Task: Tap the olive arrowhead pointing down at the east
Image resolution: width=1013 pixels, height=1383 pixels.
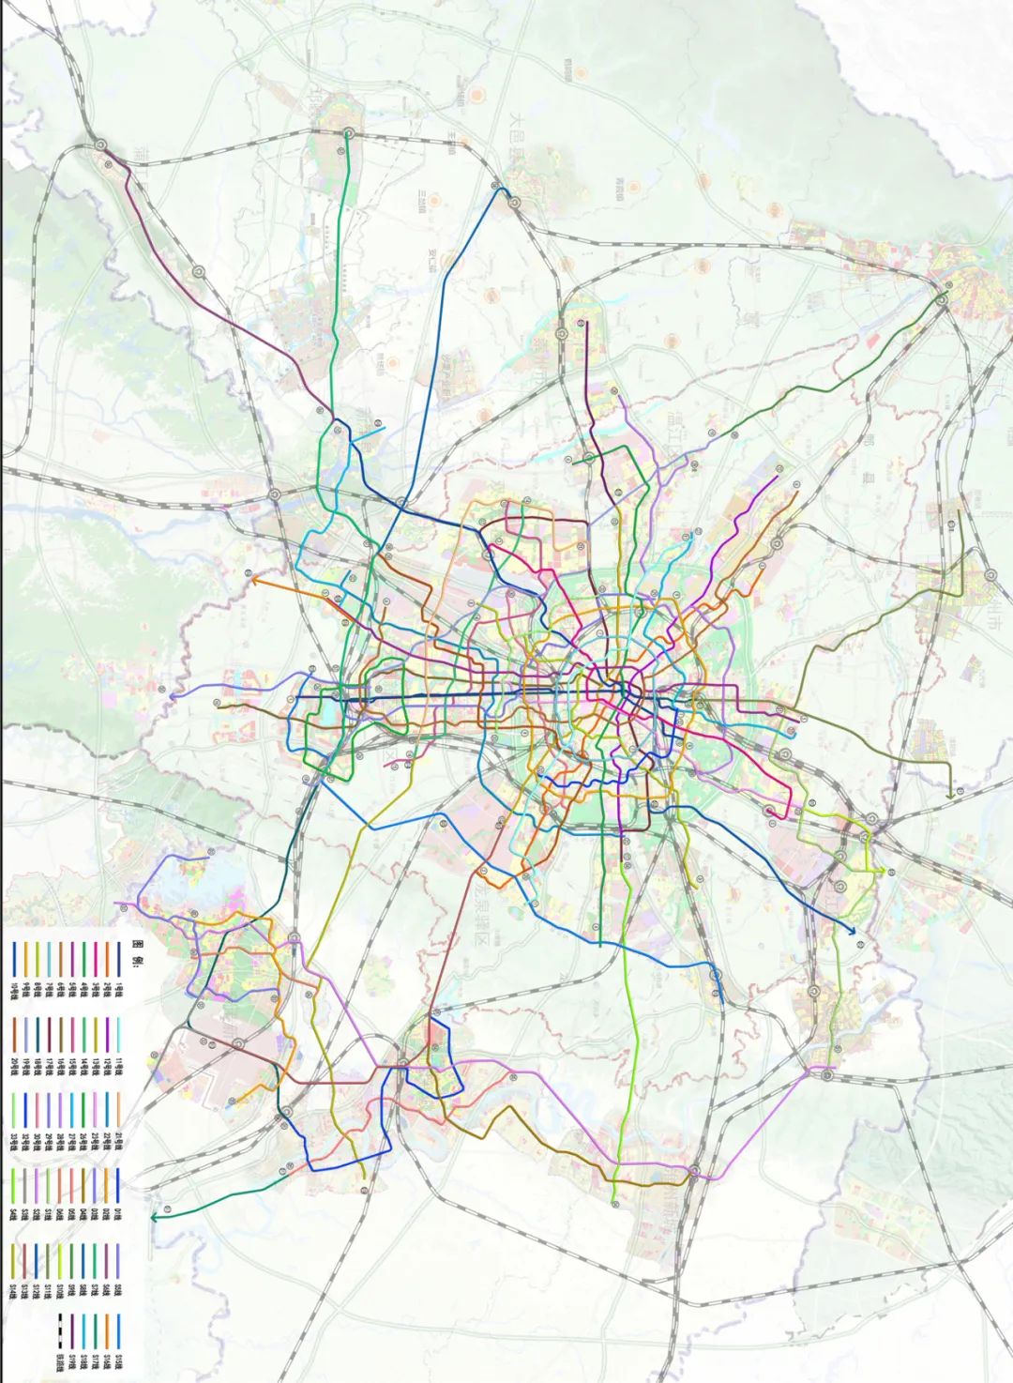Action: (x=950, y=795)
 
